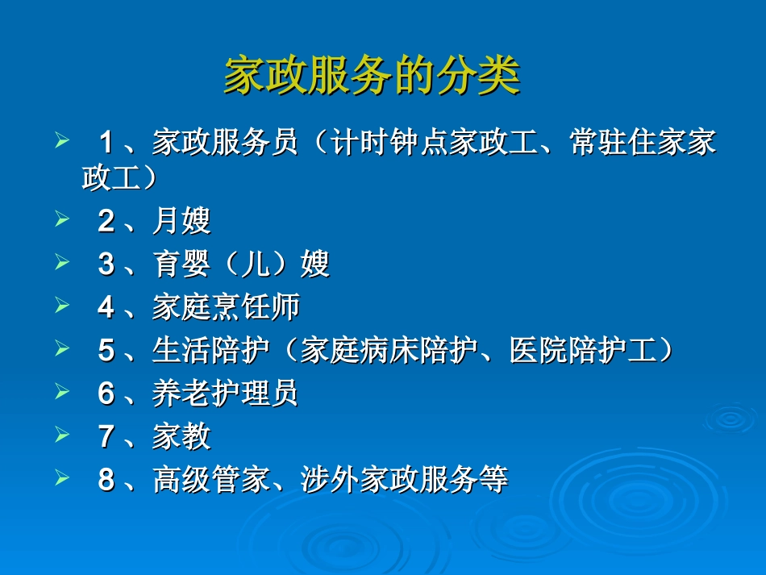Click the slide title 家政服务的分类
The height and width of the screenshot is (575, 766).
coord(372,77)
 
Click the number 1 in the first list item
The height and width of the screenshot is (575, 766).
coord(106,144)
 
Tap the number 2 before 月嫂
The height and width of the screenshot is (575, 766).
coord(106,221)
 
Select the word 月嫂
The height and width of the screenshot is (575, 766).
coord(181,221)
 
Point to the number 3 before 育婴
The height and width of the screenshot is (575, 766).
coord(106,265)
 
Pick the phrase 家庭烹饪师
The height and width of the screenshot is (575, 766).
coord(226,307)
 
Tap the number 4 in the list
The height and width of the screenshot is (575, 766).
coord(106,307)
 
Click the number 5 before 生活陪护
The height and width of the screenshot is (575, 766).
coord(106,351)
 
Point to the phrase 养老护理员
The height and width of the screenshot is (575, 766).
coord(226,394)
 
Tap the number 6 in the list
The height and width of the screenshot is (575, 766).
coord(106,394)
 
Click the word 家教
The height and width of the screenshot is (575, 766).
coord(181,437)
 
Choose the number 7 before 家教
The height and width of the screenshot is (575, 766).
coord(106,437)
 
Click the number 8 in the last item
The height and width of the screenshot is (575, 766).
coord(106,480)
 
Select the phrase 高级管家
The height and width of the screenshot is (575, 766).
coord(210,480)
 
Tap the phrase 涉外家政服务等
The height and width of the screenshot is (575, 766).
coord(404,480)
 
